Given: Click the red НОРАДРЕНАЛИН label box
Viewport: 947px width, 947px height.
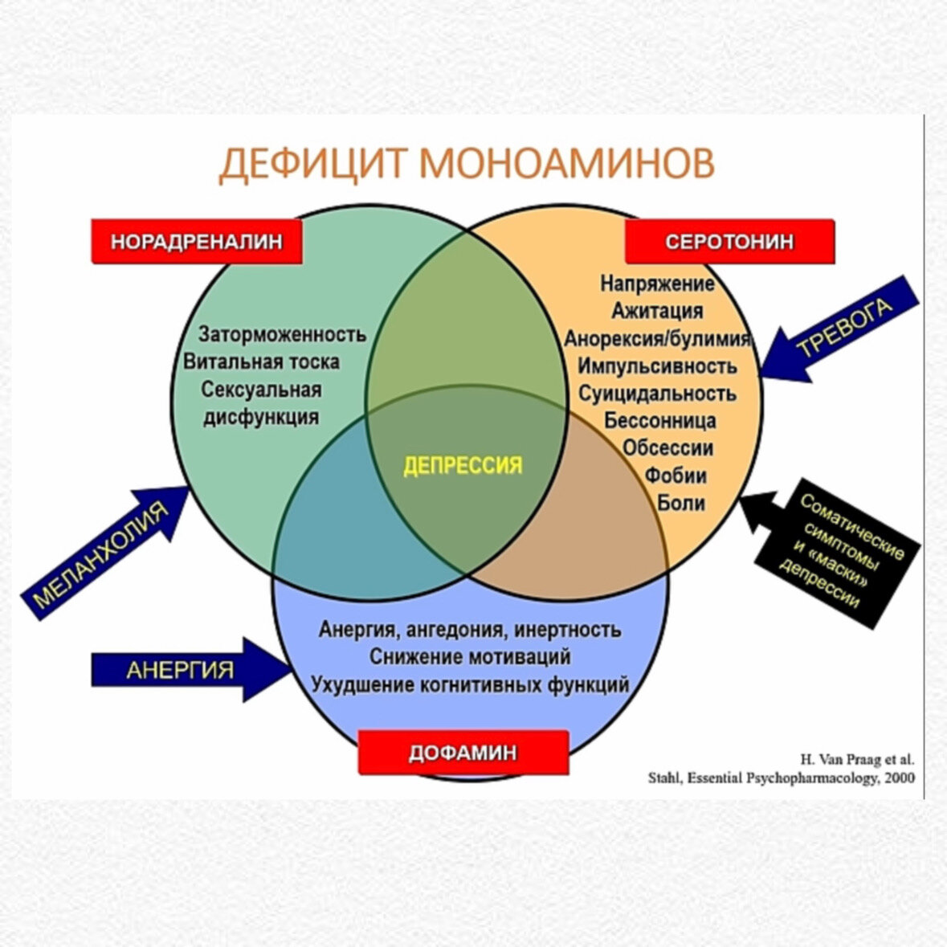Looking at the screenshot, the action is (197, 241).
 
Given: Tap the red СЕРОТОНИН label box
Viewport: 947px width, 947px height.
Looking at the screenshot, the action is (729, 242).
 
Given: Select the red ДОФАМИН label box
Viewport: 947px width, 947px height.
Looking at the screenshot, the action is (463, 753).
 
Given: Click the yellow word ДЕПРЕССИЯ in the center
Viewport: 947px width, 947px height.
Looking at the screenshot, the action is (463, 465).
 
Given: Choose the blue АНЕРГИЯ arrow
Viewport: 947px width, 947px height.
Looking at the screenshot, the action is (185, 669).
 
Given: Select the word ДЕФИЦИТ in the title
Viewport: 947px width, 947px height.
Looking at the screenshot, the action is (314, 163).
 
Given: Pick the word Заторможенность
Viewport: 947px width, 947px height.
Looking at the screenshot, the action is (282, 333).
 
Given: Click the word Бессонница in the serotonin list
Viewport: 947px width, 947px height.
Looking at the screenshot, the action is (660, 420).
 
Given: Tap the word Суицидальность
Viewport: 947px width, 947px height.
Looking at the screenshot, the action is (657, 393).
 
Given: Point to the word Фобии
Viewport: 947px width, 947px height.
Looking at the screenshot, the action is (676, 476).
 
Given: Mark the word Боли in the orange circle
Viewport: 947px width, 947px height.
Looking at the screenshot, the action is (681, 503).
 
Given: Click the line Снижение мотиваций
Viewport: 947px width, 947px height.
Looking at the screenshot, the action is (470, 656).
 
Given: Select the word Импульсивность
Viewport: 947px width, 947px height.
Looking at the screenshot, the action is (657, 365).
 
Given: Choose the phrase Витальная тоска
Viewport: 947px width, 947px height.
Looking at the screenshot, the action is (261, 361).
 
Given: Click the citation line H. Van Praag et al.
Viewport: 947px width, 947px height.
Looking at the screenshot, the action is (856, 759).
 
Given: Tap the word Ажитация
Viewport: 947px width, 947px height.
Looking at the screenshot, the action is (657, 310).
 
